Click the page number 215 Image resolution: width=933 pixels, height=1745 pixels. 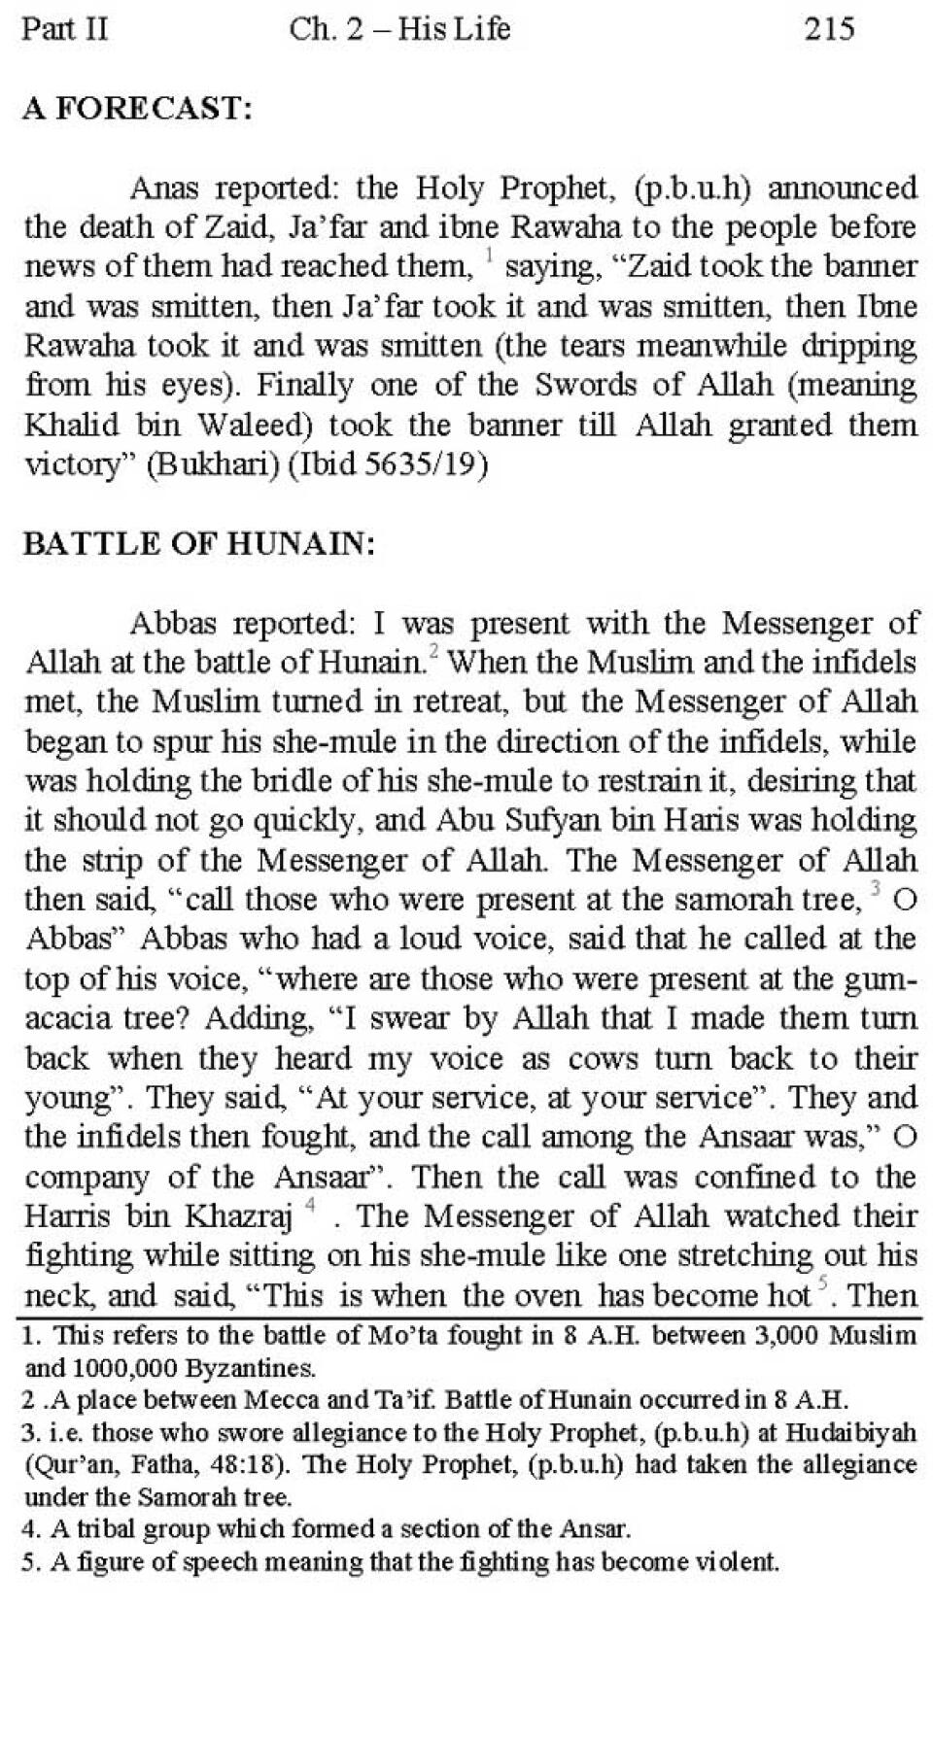point(828,28)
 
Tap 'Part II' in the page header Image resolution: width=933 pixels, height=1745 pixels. point(64,28)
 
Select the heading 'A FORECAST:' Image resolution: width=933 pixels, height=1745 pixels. point(137,109)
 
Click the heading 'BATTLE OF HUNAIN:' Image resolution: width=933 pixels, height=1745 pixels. point(198,544)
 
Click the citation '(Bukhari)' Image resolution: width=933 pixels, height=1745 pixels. point(212,465)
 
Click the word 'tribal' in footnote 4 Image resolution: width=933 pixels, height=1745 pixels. point(105,1529)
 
